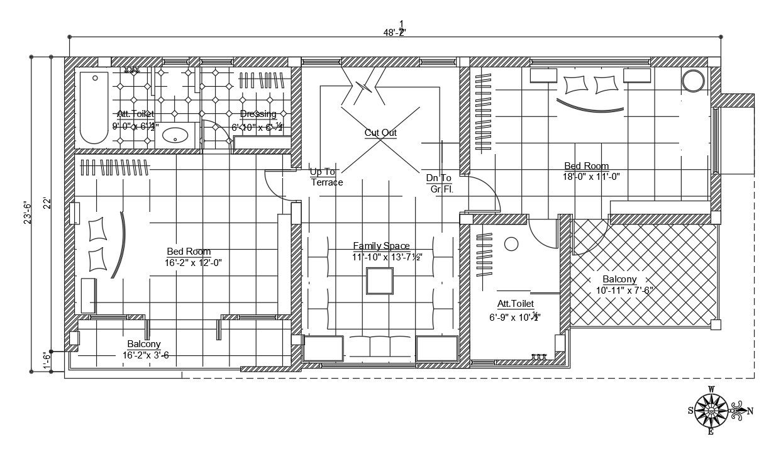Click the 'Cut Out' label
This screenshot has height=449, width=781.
pos(380,133)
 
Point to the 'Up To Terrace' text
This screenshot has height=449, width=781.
pos(326,177)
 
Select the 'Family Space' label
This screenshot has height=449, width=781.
pos(381,246)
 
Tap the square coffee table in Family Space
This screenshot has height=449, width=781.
pos(380,280)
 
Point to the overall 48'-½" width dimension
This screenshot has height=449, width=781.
pos(395,32)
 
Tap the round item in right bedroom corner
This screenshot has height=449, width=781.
pos(694,81)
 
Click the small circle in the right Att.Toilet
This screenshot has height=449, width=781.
pos(511,243)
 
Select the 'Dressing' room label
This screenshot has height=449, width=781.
pos(258,114)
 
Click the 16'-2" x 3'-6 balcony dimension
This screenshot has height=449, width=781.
pos(146,355)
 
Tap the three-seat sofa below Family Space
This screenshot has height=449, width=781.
pos(380,348)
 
